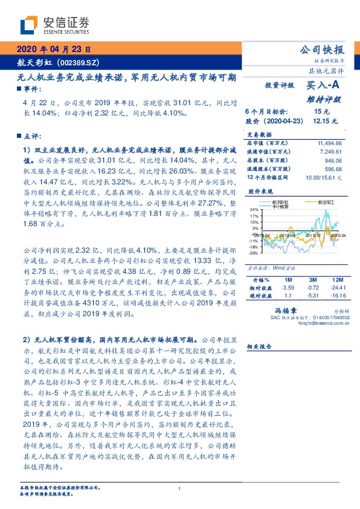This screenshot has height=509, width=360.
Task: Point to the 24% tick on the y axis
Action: point(254,209)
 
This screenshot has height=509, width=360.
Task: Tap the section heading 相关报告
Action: point(260,347)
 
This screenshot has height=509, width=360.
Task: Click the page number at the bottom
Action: point(180,488)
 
